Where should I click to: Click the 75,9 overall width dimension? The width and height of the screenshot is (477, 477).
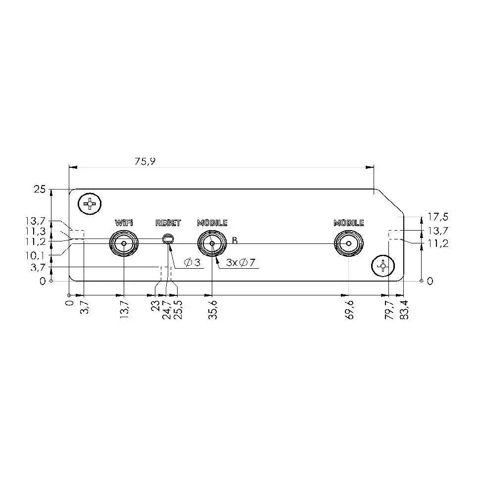[x=145, y=162]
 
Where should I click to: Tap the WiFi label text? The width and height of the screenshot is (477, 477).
[x=124, y=223]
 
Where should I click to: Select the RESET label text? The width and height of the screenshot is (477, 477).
[x=168, y=223]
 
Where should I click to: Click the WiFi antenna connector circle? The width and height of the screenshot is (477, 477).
[x=124, y=242]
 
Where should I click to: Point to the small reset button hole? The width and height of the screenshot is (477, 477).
[x=169, y=239]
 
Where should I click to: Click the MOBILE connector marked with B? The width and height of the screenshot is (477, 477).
[x=212, y=243]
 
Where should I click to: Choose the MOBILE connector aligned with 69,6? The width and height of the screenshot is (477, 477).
[x=349, y=243]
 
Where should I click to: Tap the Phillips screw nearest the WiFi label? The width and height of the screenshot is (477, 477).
[x=90, y=203]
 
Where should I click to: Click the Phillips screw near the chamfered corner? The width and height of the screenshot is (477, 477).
[x=382, y=267]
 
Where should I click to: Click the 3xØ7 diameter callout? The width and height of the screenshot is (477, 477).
[x=240, y=263]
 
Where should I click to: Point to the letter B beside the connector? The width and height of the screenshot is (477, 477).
[x=235, y=241]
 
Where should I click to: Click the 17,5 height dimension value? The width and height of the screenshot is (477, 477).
[x=438, y=217]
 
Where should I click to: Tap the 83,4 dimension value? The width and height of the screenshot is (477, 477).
[x=404, y=309]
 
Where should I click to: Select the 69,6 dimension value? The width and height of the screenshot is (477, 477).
[x=349, y=309]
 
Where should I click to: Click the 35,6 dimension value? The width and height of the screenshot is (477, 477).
[x=212, y=309]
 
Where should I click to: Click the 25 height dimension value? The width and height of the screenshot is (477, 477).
[x=40, y=189]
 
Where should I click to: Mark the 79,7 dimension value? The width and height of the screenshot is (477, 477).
[x=390, y=309]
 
